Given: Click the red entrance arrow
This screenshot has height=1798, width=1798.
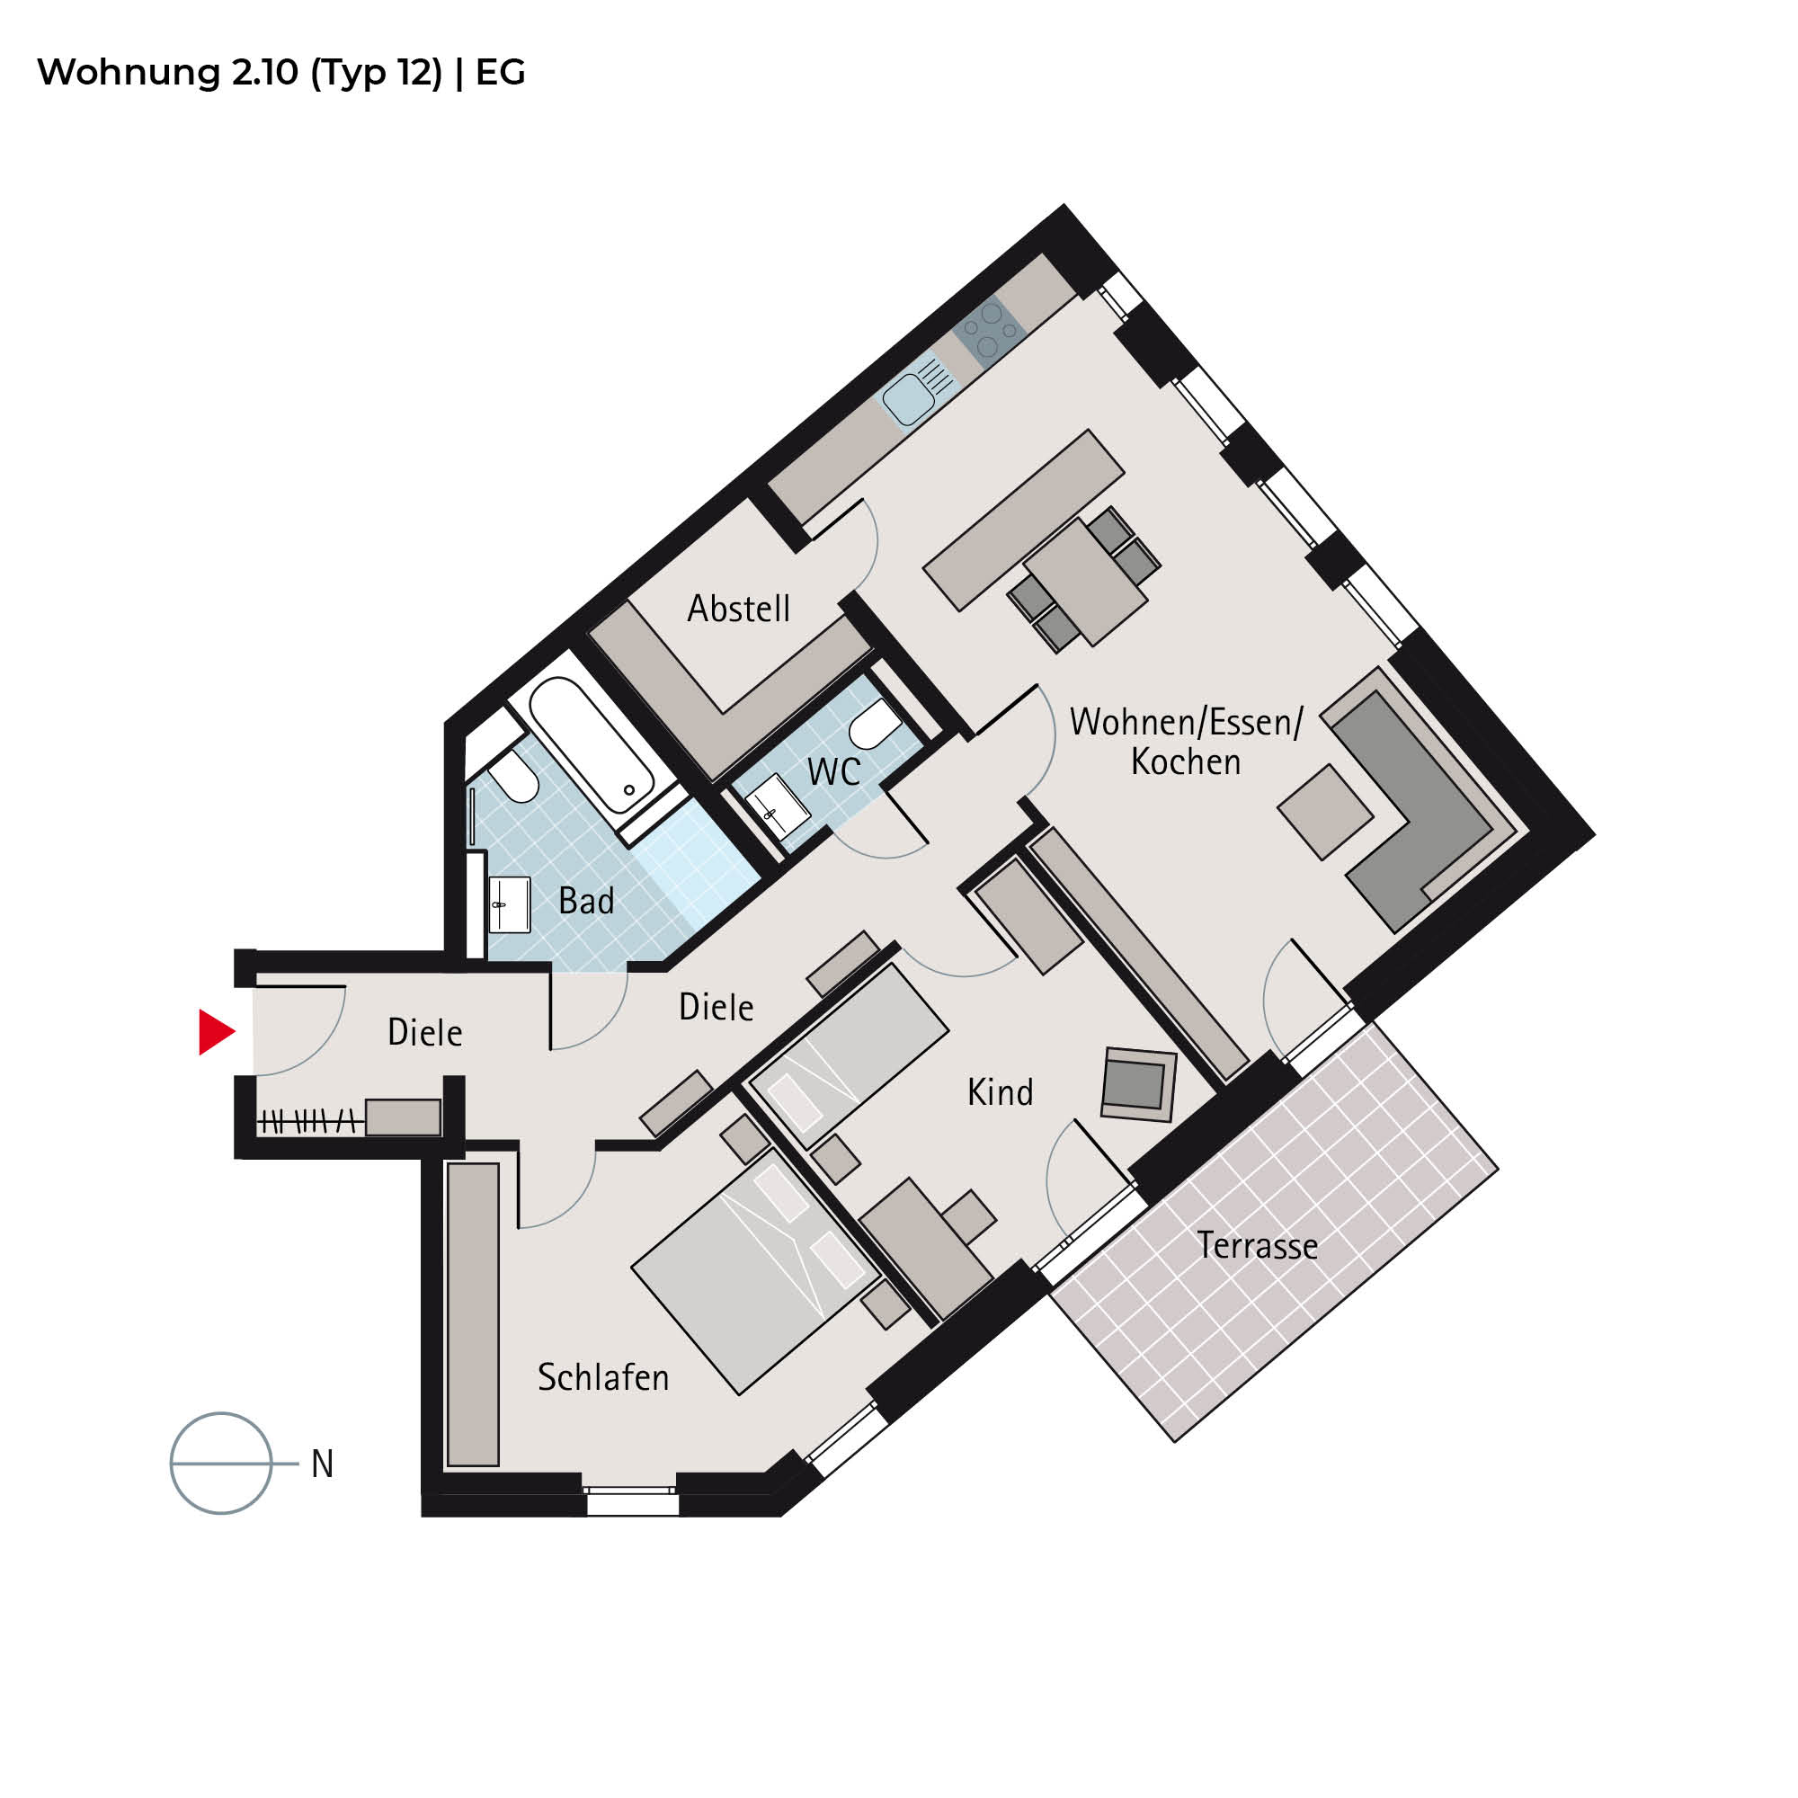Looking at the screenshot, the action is pos(215,1032).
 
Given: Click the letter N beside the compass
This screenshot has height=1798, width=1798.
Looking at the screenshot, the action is pos(322,1464).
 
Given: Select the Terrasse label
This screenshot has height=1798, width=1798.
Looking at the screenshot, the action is pos(1258,1246).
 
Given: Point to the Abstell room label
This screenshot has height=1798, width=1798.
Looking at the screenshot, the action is pos(739,609).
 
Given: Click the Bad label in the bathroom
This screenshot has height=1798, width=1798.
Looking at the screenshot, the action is pos(586,901).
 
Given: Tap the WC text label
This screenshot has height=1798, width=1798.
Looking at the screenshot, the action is pos(834,771).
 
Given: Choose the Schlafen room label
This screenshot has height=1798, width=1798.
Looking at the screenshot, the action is pos(603,1377).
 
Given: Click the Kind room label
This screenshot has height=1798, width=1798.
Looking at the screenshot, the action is pos(1001,1092).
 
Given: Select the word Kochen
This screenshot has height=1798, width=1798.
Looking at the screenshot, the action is pos(1186,762).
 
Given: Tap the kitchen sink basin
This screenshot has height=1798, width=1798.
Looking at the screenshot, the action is pos(908,398).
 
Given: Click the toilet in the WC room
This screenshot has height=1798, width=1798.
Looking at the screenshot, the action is pos(874,724).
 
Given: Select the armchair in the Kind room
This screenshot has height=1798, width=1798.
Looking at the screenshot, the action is pos(1138,1084).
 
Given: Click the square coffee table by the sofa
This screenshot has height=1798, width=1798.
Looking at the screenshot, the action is pos(1325,813).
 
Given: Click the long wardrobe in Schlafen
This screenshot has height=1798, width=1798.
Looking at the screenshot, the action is pos(473,1315).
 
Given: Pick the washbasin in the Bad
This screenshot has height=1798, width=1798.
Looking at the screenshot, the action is pos(509,904).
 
